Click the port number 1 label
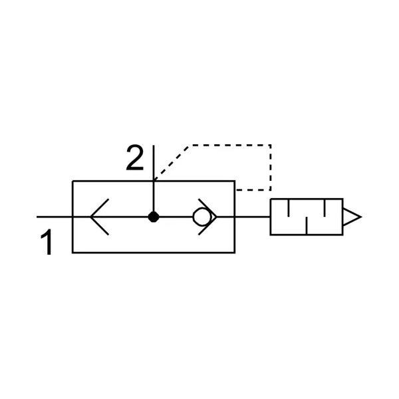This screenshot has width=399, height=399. click(47, 242)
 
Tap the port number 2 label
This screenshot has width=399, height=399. click(135, 158)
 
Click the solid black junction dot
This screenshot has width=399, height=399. click(154, 217)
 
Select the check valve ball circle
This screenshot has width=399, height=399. click(201, 217)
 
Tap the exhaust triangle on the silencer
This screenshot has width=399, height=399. click(352, 217)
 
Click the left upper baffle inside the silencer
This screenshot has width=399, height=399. click(289, 207)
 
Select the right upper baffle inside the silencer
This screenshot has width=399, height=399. click(325, 207)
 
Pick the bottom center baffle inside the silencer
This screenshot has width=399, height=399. click(307, 225)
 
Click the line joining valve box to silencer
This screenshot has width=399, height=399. click(253, 217)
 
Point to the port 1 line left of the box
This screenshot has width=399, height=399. click(55, 217)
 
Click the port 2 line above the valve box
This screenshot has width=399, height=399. click(154, 163)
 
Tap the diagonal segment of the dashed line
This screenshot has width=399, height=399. click(172, 164)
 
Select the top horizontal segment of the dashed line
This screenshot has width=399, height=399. click(230, 145)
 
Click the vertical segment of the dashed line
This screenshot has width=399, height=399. click(270, 168)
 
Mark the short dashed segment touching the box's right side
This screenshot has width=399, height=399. click(253, 190)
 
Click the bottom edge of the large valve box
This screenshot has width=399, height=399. click(154, 253)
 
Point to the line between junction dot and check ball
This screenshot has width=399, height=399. click(176, 217)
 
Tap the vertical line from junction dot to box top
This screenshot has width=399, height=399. click(154, 196)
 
